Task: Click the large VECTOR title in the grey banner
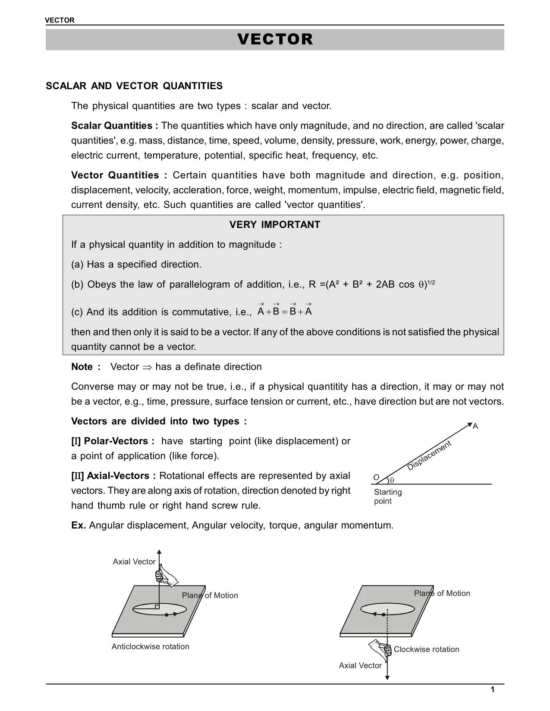click(x=275, y=39)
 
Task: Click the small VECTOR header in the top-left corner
click(x=60, y=20)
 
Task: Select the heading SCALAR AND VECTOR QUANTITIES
click(x=134, y=86)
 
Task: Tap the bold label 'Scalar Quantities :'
click(x=114, y=126)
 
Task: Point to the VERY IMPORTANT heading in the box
click(x=275, y=225)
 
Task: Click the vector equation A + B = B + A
click(x=284, y=311)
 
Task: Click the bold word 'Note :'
click(x=85, y=367)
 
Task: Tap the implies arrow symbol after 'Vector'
click(x=147, y=367)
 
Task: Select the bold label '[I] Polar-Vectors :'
click(x=113, y=441)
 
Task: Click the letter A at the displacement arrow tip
click(x=475, y=427)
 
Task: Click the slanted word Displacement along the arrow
click(x=429, y=455)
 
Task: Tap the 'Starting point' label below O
click(x=387, y=496)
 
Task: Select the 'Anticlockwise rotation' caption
click(x=150, y=646)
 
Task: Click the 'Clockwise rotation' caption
click(x=426, y=649)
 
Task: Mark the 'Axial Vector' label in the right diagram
click(x=360, y=666)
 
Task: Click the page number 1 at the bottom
click(x=493, y=690)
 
